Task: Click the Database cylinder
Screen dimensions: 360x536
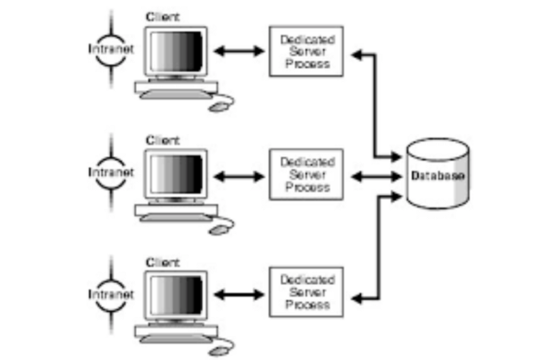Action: coord(437,174)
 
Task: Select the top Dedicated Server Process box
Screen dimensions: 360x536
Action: coord(306,52)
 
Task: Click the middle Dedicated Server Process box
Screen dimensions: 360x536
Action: coord(306,174)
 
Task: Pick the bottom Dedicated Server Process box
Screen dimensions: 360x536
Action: coord(306,295)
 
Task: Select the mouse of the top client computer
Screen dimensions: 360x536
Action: coord(218,106)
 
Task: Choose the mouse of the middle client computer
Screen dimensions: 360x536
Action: coord(218,229)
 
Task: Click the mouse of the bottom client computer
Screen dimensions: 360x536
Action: coord(218,350)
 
